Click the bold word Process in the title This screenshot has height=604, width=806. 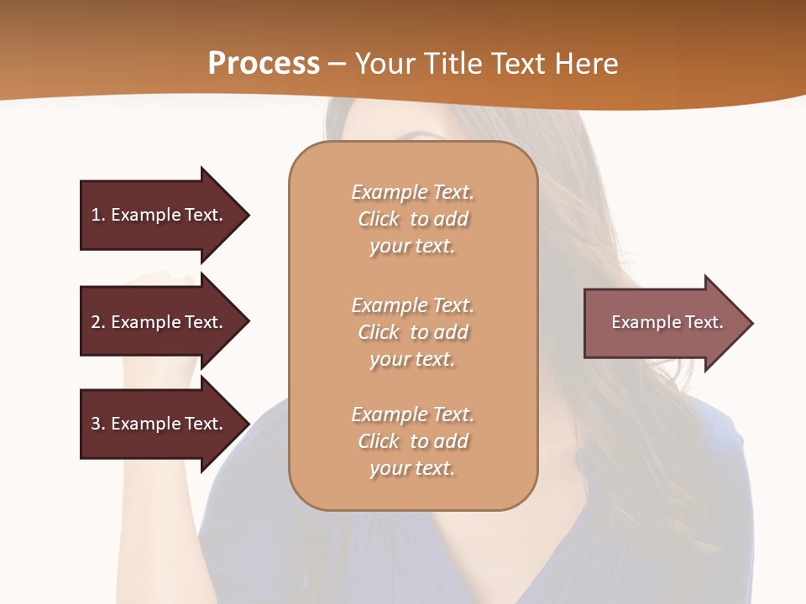(264, 64)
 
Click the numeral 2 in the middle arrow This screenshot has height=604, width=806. (95, 322)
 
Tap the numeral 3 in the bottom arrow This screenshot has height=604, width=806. (95, 424)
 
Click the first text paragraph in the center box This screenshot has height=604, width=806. (412, 219)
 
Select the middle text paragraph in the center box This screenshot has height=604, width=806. (412, 332)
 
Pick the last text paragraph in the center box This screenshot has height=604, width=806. (412, 441)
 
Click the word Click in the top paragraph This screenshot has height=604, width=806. (379, 219)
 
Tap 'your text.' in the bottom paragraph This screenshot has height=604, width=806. (412, 468)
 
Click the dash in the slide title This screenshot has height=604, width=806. (337, 64)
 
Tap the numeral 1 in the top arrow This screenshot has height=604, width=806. (95, 215)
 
